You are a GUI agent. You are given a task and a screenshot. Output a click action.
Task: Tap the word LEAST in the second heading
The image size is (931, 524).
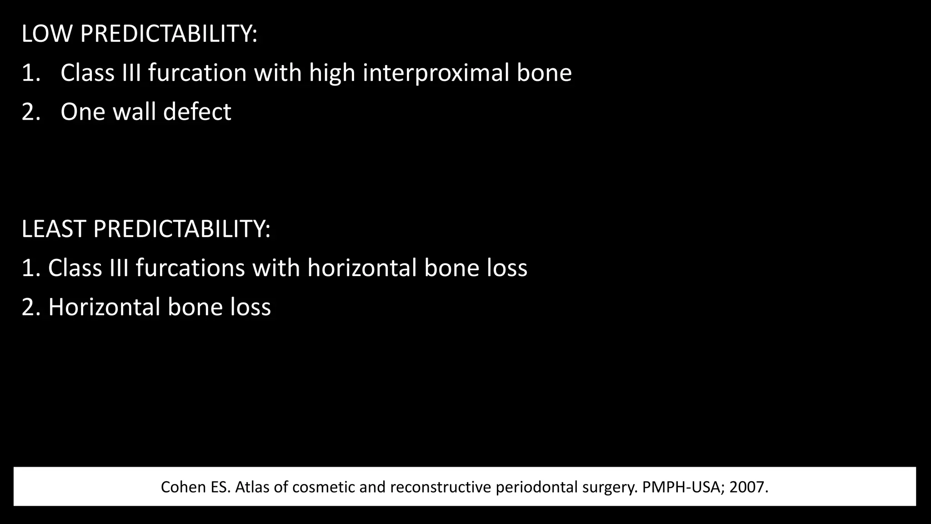(x=54, y=229)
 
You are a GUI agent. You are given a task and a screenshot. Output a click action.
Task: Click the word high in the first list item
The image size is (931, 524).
(x=332, y=73)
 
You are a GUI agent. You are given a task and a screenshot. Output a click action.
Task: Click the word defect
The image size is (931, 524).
(x=197, y=112)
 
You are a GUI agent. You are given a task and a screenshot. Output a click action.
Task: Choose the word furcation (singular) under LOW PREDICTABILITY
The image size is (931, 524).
(x=197, y=73)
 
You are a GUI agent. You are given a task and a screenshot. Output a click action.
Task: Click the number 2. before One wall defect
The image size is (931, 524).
(x=31, y=112)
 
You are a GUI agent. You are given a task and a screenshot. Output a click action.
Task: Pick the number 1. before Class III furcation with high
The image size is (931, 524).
(x=31, y=73)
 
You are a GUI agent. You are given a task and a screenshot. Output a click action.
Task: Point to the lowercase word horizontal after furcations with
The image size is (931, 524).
(x=362, y=268)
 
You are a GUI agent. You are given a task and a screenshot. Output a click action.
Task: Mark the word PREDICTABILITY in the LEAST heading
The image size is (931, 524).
(x=182, y=229)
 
